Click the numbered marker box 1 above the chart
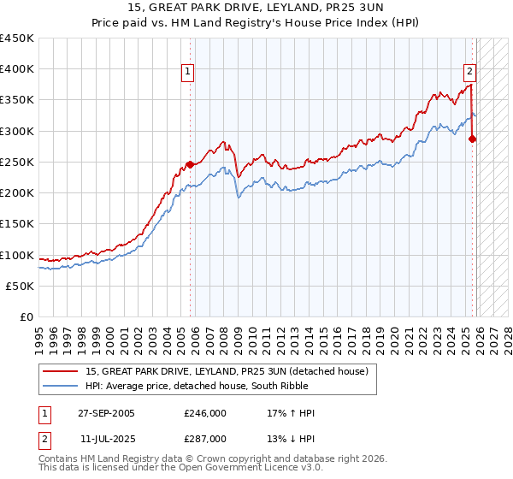[187, 73]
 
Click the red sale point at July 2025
[473, 139]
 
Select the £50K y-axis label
[21, 286]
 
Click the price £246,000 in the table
[205, 414]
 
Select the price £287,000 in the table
[205, 438]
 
